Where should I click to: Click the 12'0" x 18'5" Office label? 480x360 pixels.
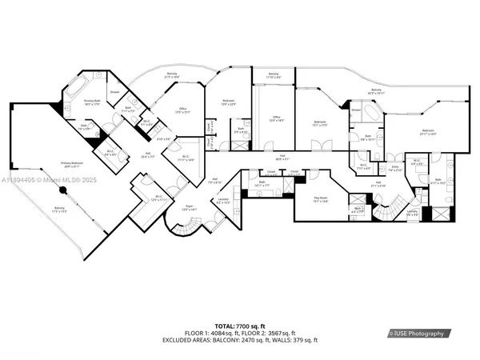pos(276,118)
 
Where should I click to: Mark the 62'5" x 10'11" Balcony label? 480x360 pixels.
pos(375,90)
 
